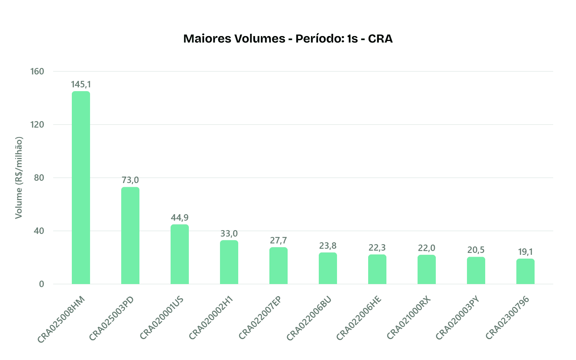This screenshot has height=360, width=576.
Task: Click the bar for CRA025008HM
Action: [81, 188]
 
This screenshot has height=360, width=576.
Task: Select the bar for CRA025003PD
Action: [130, 235]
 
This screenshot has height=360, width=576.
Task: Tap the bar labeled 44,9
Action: [180, 254]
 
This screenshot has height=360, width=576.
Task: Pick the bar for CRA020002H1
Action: [229, 262]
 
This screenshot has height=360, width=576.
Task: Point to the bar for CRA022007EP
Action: [279, 265]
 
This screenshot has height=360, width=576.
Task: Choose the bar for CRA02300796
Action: [525, 271]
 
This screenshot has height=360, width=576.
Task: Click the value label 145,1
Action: [81, 84]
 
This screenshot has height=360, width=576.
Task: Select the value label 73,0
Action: [130, 180]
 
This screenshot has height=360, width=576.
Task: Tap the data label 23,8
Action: [328, 246]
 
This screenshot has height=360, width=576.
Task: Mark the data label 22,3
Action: [377, 248]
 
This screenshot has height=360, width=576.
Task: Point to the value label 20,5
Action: [476, 250]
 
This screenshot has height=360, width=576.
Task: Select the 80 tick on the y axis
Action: [39, 178]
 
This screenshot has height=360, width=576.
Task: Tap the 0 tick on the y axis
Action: [41, 284]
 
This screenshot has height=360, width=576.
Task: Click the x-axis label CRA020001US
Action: [162, 317]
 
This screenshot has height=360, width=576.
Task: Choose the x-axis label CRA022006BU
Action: [309, 318]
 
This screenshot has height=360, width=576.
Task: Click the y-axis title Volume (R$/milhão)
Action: [19, 178]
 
